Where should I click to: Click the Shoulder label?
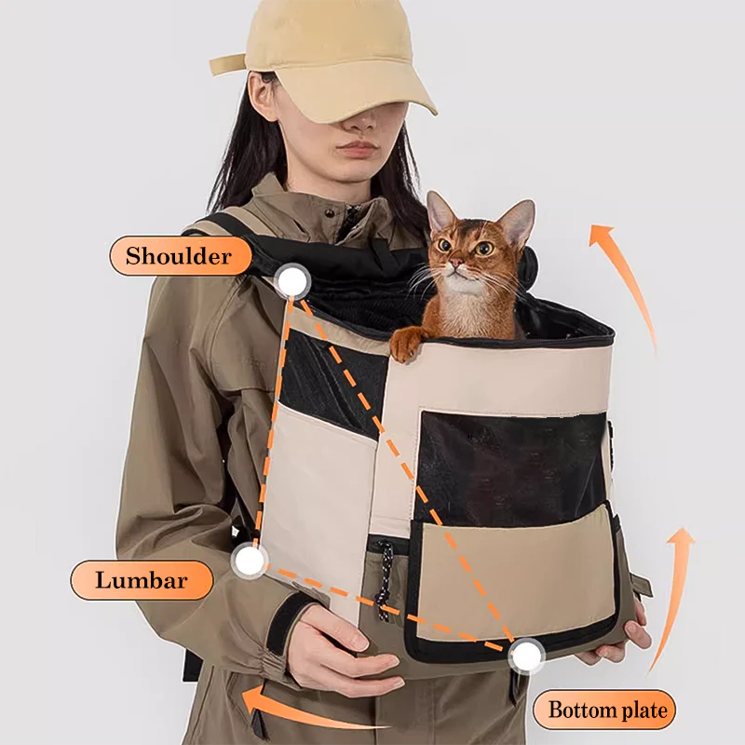(x=179, y=256)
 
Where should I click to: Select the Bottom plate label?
(x=606, y=711)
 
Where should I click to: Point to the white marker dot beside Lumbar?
(x=249, y=561)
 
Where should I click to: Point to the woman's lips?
(x=357, y=149)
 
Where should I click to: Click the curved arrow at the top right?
(x=626, y=279)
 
